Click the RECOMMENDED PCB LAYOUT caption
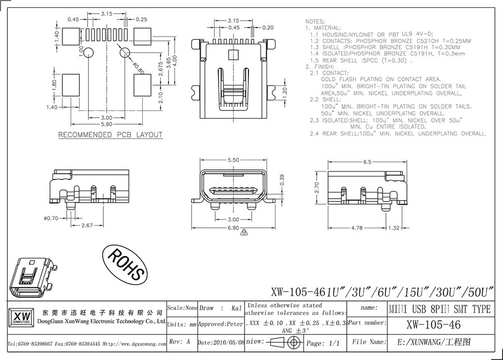pyautogui.click(x=111, y=135)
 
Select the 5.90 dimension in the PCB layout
pyautogui.click(x=106, y=124)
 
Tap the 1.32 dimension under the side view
pyautogui.click(x=395, y=228)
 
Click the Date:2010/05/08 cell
pyautogui.click(x=221, y=342)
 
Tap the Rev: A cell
pyautogui.click(x=182, y=342)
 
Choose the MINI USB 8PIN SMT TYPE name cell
pyautogui.click(x=440, y=309)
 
